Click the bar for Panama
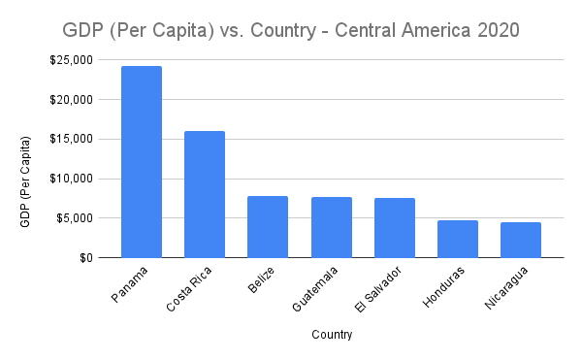coord(142,161)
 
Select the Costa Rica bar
coord(205,194)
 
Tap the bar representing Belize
coord(268,226)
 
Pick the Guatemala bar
coord(332,227)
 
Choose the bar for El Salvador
coord(395,227)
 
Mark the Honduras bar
coord(458,239)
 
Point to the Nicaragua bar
coord(521,240)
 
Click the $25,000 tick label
coord(73,60)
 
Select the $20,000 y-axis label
coord(73,100)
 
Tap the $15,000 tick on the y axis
coord(73,139)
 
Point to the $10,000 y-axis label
coord(73,179)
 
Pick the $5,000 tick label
coord(76,218)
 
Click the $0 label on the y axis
coord(85,258)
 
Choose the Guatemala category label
coord(315,291)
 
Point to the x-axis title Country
coord(332,336)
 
